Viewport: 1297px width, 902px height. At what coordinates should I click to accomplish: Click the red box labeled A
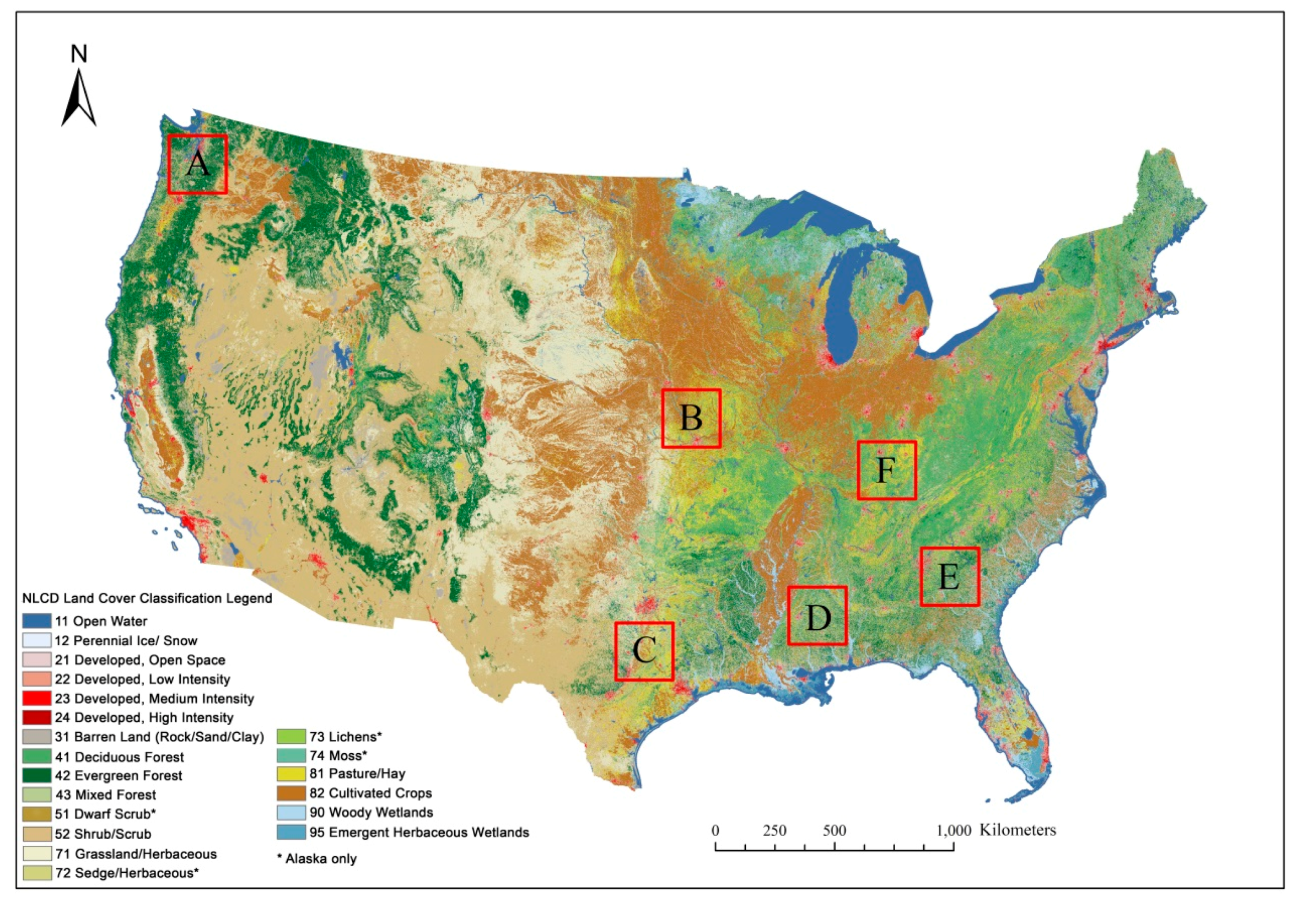(198, 164)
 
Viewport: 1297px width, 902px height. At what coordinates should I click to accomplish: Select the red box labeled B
(691, 419)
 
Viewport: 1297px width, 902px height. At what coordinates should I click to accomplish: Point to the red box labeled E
(950, 577)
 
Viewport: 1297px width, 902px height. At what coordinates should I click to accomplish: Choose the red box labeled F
(886, 470)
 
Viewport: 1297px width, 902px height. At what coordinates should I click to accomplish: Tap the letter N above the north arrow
(79, 54)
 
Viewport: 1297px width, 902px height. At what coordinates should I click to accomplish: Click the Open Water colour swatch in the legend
(37, 622)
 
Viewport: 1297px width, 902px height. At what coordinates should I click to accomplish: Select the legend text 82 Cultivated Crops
(370, 793)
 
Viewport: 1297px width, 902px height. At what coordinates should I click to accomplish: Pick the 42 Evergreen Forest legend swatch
(37, 775)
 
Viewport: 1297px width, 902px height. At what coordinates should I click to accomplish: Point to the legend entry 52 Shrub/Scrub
(103, 834)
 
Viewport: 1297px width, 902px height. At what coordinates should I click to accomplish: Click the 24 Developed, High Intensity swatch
(37, 717)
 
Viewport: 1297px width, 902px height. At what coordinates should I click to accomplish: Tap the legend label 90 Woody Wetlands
(371, 812)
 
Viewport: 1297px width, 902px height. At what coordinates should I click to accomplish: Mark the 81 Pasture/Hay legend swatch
(291, 774)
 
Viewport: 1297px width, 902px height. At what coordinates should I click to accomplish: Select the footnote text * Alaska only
(317, 858)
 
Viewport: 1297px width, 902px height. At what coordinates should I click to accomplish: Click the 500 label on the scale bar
(835, 831)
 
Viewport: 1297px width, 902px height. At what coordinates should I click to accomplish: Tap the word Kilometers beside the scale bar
(1017, 830)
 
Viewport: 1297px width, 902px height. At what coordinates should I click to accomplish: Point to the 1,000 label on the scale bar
(954, 831)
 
